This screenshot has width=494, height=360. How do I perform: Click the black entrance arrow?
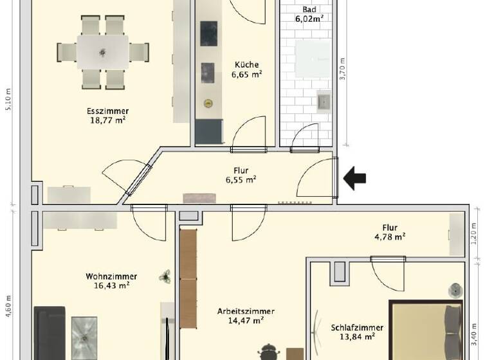[354, 178]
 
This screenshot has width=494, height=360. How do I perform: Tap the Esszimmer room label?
[107, 111]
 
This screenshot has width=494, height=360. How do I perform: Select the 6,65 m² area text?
[246, 75]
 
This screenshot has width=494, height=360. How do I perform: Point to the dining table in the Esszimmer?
[103, 51]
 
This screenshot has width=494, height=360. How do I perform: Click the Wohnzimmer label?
[111, 276]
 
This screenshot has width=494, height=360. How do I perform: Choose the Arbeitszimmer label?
[246, 311]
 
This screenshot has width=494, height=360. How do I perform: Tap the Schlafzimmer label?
[358, 327]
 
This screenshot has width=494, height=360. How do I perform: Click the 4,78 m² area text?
[390, 237]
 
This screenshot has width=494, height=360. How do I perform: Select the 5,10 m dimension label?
[8, 100]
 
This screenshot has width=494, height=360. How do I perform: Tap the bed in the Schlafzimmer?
[428, 331]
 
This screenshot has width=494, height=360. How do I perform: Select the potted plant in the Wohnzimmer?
[165, 276]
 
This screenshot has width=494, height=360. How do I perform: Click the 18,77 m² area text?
[107, 120]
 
